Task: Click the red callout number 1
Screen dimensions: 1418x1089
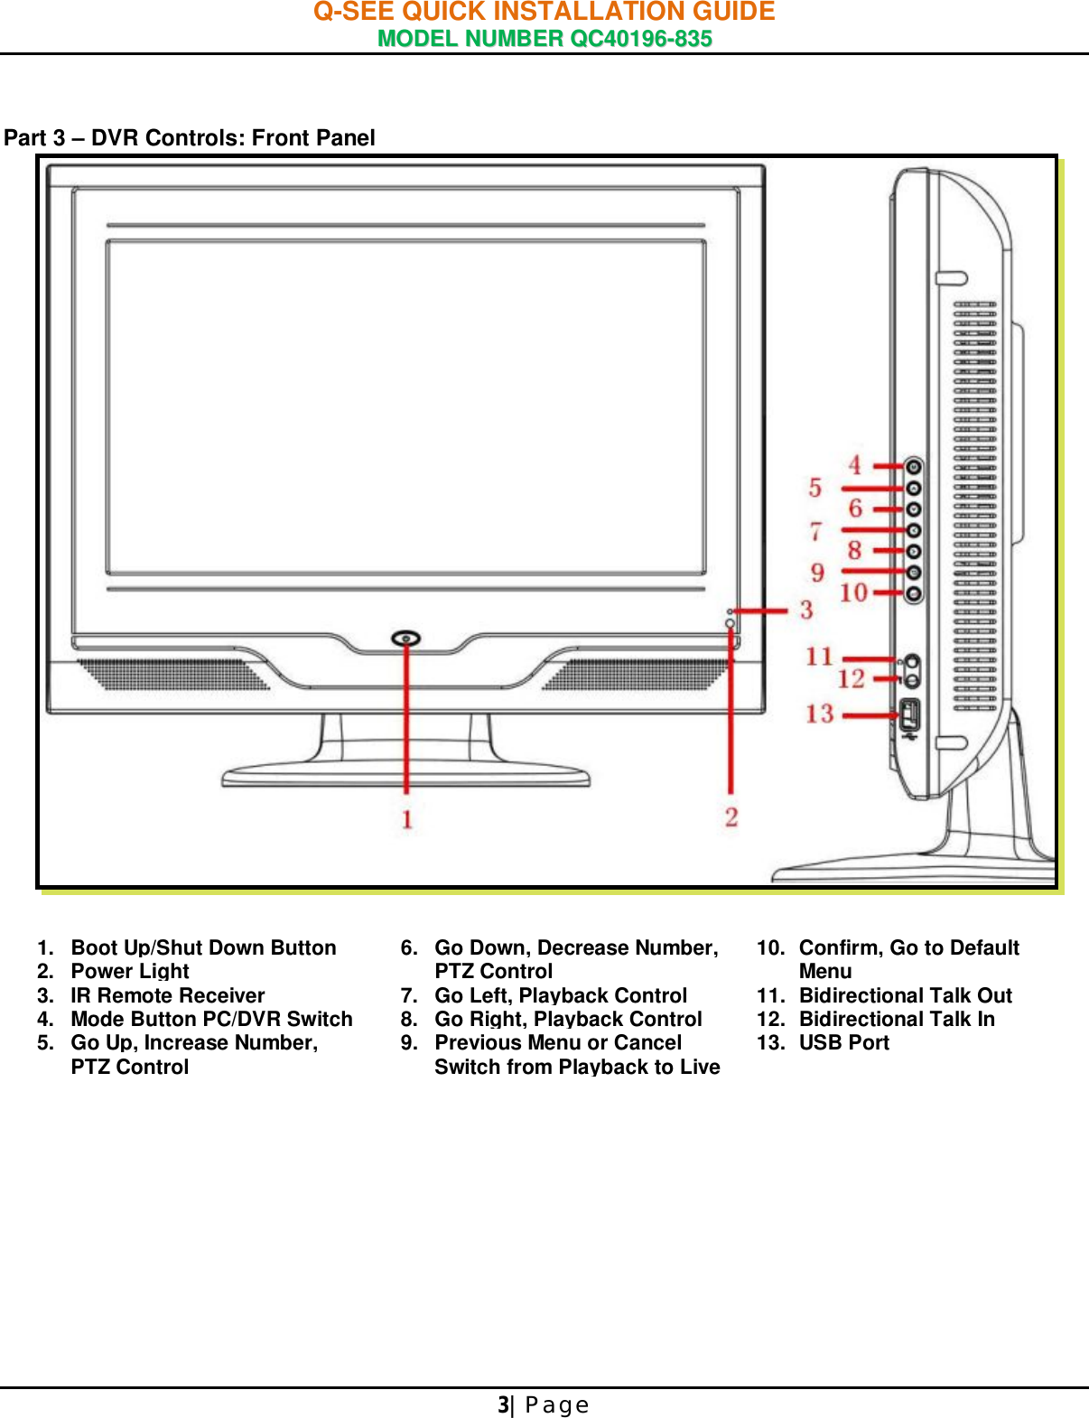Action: point(407,819)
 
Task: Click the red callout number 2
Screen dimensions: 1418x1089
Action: point(731,817)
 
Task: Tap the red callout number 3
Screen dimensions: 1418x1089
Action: point(806,611)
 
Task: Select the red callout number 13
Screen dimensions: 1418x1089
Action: point(820,714)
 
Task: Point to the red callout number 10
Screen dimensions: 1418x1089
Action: point(853,592)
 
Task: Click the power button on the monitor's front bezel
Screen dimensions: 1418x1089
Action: point(406,639)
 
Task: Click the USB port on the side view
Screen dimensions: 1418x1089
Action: point(909,715)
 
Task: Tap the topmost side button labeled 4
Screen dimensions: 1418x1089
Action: point(914,467)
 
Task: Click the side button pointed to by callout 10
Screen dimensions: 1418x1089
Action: point(914,593)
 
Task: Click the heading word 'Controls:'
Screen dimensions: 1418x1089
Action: point(195,138)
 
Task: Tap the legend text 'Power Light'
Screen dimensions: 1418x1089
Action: point(130,971)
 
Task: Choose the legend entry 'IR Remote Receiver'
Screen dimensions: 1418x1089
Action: point(168,995)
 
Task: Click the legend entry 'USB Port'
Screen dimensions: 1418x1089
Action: point(843,1042)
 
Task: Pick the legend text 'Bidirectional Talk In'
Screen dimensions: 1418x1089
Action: point(897,1019)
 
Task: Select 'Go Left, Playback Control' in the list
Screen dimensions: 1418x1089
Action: point(561,995)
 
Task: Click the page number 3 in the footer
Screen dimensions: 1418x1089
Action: point(503,1404)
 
